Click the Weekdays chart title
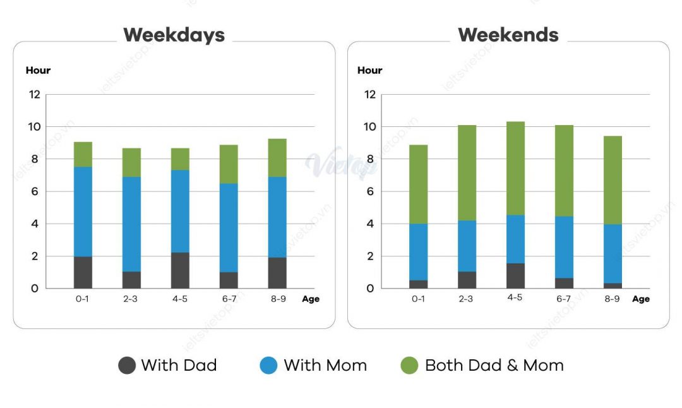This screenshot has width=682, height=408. [x=174, y=35]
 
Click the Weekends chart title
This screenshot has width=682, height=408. [x=508, y=35]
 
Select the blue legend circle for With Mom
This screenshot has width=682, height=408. [x=268, y=365]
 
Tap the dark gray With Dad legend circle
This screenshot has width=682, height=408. [x=127, y=365]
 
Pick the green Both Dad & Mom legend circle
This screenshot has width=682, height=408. [x=410, y=365]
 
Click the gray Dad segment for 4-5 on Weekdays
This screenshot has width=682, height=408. [x=180, y=270]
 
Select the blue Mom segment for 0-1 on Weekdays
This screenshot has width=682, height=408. [x=83, y=212]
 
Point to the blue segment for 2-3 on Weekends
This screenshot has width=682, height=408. [x=467, y=246]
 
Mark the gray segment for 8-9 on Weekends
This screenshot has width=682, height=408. [x=613, y=285]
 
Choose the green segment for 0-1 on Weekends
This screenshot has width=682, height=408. [x=418, y=184]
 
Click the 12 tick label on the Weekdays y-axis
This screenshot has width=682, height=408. [x=33, y=95]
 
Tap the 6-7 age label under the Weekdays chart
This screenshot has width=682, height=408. [x=229, y=299]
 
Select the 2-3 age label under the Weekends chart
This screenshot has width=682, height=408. [x=466, y=299]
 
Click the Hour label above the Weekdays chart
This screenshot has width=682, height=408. [x=38, y=70]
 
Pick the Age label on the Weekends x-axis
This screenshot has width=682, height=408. [x=641, y=299]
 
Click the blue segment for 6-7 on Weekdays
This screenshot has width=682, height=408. [x=229, y=227]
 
